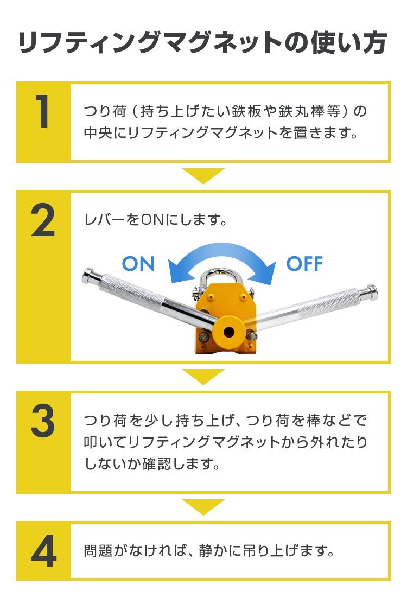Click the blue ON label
(138, 264)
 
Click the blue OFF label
(304, 264)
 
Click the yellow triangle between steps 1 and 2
(203, 175)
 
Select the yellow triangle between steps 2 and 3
(203, 376)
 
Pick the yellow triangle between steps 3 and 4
(203, 506)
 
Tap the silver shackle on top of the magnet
(220, 281)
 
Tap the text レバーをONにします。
(155, 220)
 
